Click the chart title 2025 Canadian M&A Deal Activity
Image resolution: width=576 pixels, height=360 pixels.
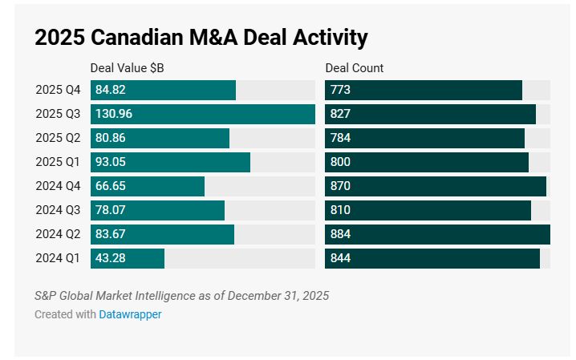[201, 37]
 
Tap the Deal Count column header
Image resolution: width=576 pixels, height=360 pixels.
[355, 68]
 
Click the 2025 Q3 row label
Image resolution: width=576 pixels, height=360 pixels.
[58, 114]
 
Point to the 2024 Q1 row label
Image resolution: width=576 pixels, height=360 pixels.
[58, 258]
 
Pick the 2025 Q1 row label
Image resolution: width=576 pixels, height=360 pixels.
[58, 162]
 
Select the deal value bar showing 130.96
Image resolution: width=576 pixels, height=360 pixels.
[203, 114]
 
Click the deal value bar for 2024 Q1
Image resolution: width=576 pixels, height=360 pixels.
[128, 258]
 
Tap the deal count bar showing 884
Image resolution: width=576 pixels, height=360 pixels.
[437, 234]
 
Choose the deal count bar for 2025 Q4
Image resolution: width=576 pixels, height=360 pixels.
[424, 90]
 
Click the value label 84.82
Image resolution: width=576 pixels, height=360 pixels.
[111, 90]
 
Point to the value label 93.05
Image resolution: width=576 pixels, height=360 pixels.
[111, 162]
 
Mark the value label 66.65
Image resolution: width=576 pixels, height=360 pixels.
[111, 186]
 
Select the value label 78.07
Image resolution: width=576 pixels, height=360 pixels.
[111, 210]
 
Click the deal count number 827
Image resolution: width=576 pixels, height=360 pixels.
[340, 114]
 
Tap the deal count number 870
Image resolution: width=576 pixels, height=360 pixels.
[340, 186]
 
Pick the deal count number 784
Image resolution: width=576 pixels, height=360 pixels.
[340, 138]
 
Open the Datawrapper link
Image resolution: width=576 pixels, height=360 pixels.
[130, 314]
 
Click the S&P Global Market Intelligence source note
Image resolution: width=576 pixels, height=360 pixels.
[181, 296]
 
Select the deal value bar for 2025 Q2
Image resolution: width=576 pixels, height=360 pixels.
[160, 138]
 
